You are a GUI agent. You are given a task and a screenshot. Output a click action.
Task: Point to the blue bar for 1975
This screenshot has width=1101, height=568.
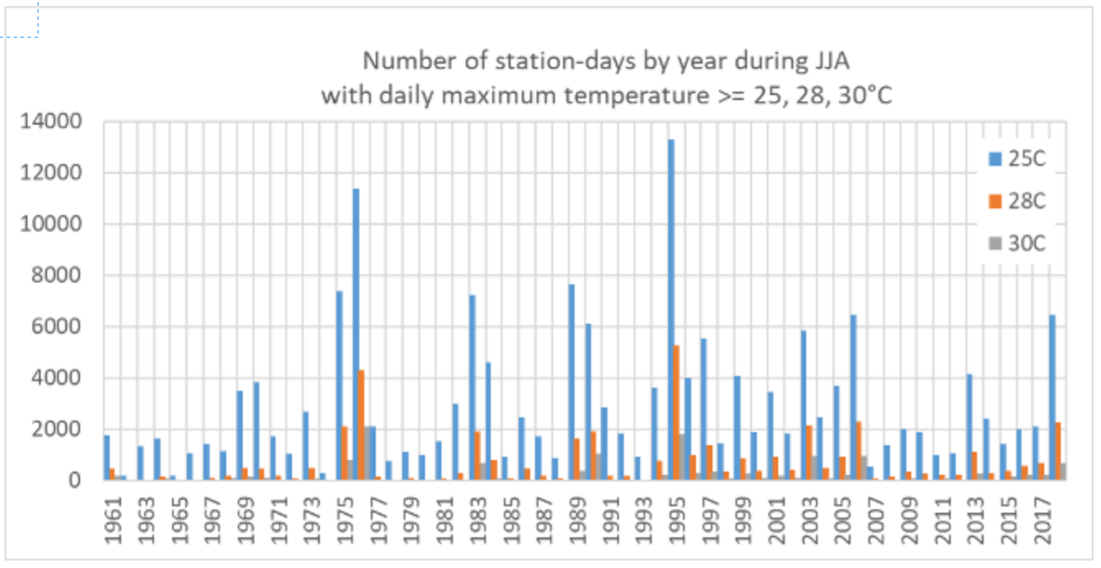(339, 386)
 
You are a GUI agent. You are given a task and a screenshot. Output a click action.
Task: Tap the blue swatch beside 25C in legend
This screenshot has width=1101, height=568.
(994, 159)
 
